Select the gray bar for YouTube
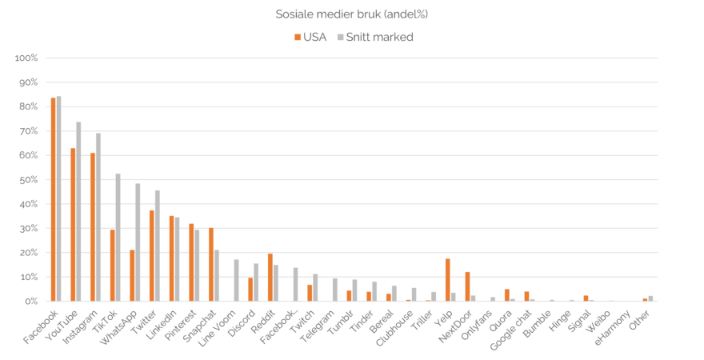78,211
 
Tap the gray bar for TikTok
118,237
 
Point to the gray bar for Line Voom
236,280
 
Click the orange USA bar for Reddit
270,277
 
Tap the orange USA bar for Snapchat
210,264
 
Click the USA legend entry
309,38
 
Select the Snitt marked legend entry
374,38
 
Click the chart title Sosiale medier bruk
351,13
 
